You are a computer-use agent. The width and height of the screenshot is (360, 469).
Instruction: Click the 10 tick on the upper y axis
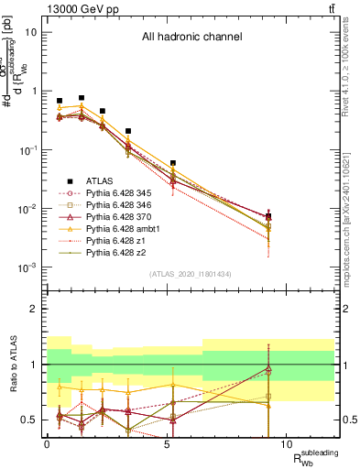pos(31,32)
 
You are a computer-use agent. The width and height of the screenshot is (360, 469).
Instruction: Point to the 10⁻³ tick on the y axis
pos(29,267)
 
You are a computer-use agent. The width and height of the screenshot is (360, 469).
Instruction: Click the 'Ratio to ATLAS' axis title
pos(14,364)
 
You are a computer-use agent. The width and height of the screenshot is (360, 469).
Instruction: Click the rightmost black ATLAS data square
pos(267,217)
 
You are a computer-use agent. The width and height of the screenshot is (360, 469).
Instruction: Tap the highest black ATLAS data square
pos(82,98)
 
